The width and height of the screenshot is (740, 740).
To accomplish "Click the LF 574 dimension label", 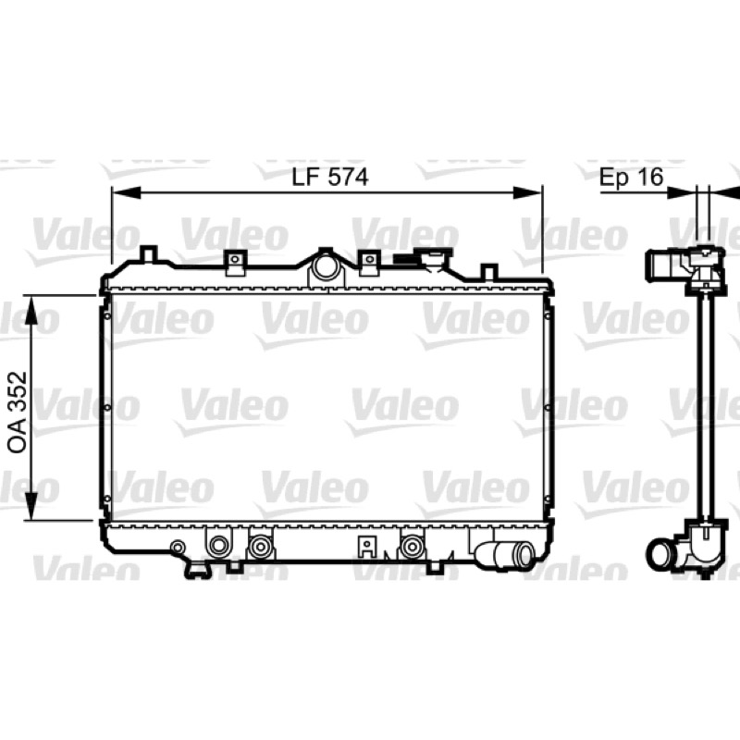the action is [330, 177].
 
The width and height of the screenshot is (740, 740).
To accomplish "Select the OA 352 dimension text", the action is [18, 413].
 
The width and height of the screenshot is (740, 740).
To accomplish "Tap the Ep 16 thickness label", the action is [631, 177].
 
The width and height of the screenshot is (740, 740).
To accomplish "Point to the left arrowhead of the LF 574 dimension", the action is [127, 192].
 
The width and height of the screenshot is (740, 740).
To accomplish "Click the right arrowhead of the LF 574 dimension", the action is [527, 192].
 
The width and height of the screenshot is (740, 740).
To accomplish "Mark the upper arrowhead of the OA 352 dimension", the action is [31, 310].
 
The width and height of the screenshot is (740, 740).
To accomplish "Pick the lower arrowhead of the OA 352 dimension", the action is [31, 506].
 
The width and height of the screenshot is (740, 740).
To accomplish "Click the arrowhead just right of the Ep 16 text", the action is [682, 192].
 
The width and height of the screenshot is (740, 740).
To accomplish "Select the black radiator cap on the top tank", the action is [407, 259].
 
